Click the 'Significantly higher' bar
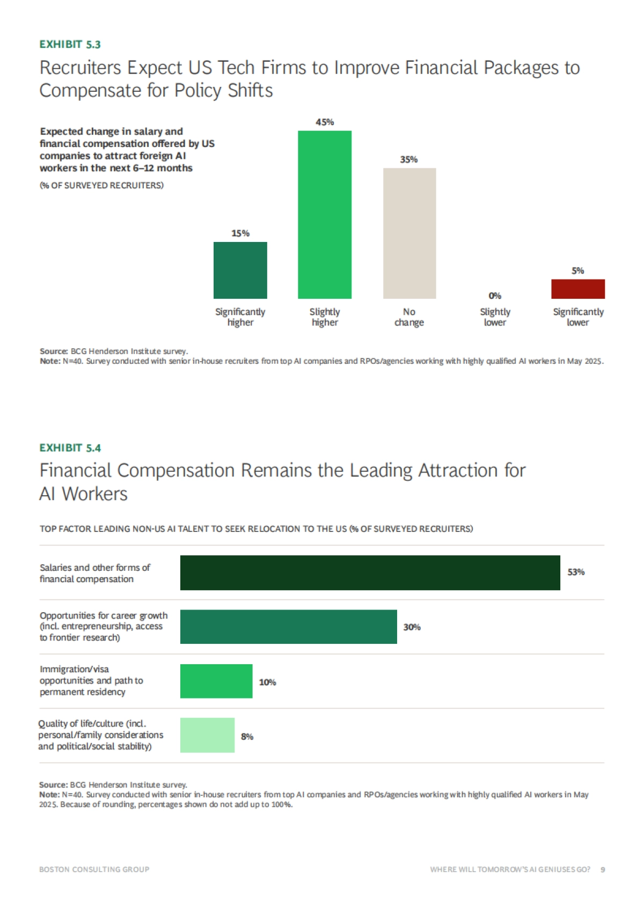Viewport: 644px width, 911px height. (x=240, y=270)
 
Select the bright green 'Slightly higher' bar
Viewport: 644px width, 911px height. (x=325, y=215)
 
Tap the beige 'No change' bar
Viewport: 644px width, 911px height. (x=409, y=233)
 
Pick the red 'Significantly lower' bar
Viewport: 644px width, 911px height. (x=577, y=289)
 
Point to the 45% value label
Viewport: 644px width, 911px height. (x=325, y=122)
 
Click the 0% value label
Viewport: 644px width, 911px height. (x=495, y=296)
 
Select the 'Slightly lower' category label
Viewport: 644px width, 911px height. (x=495, y=317)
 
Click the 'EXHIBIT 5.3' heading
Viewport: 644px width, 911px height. (x=70, y=45)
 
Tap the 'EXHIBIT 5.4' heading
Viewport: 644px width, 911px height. (x=70, y=448)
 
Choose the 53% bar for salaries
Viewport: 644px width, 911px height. (x=370, y=572)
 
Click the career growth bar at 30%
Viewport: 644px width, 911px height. (x=288, y=627)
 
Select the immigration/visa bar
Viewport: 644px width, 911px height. (x=216, y=681)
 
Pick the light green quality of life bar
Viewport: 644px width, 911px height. (x=207, y=735)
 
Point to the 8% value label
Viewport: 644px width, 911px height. (x=247, y=737)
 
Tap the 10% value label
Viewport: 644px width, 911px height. (x=267, y=682)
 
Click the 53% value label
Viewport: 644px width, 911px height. (x=576, y=572)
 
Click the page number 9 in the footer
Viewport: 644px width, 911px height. (x=603, y=869)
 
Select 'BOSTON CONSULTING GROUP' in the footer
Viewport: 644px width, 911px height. (x=94, y=869)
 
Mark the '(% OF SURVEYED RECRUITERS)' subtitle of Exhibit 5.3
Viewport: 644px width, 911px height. (x=101, y=186)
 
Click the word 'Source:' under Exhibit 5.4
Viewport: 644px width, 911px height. (x=53, y=785)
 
